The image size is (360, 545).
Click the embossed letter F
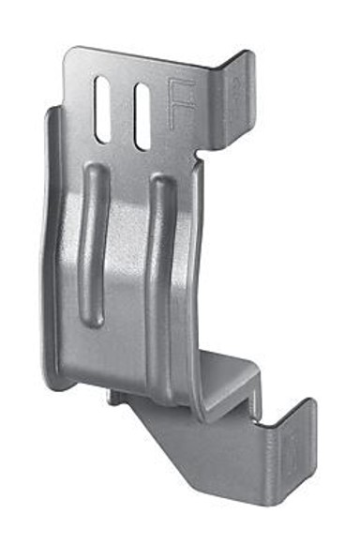(x=180, y=103)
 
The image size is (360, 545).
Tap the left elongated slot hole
(x=102, y=109)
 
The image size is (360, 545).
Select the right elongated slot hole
(x=142, y=116)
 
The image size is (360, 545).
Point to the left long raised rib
(x=93, y=245)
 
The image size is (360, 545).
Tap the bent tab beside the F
(x=232, y=100)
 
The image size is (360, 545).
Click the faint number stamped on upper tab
(x=237, y=85)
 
